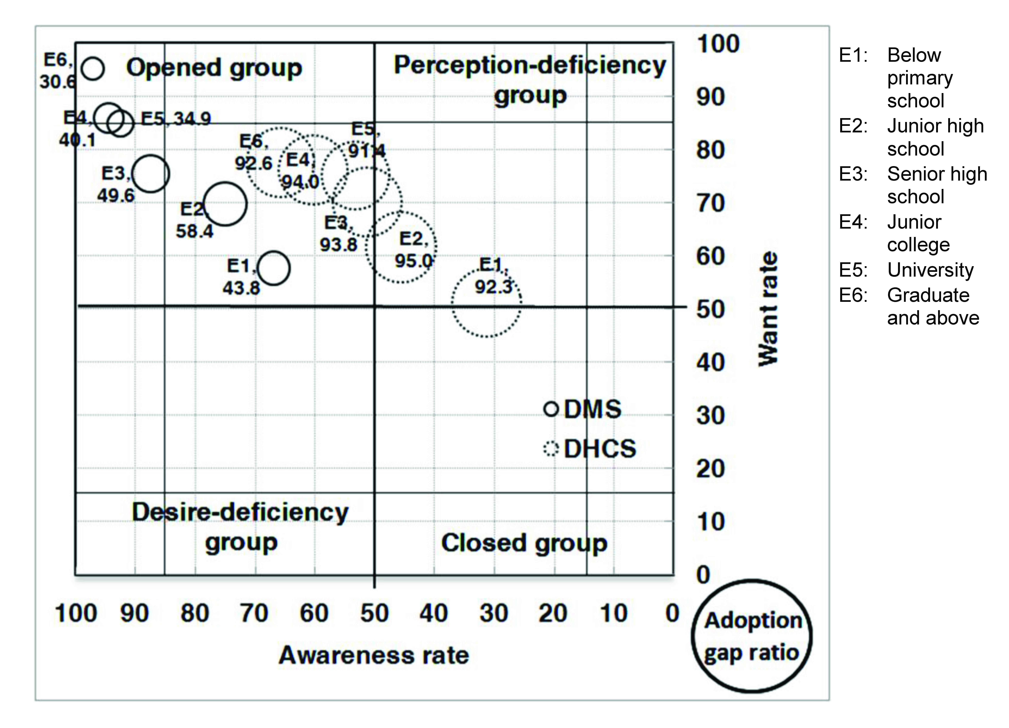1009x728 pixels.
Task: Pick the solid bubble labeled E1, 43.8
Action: (274, 268)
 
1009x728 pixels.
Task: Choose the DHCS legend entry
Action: (590, 448)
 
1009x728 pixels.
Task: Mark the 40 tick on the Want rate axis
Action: (710, 363)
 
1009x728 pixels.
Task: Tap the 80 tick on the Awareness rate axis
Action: (194, 613)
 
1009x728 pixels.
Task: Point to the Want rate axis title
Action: (768, 309)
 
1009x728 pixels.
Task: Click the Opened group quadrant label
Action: (214, 68)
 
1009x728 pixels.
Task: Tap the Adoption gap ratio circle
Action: (752, 636)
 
